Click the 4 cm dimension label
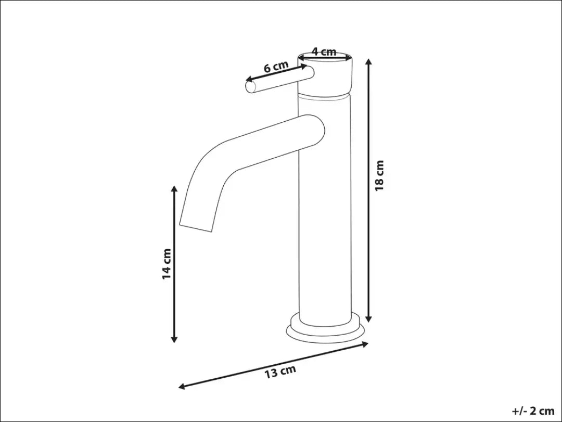tap(324, 52)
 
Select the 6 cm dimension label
tap(276, 67)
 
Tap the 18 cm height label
tap(379, 176)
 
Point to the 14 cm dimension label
tap(167, 264)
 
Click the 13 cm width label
tap(280, 372)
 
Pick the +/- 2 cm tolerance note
tap(533, 411)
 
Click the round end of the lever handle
tap(251, 87)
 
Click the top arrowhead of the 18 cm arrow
tap(369, 62)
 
